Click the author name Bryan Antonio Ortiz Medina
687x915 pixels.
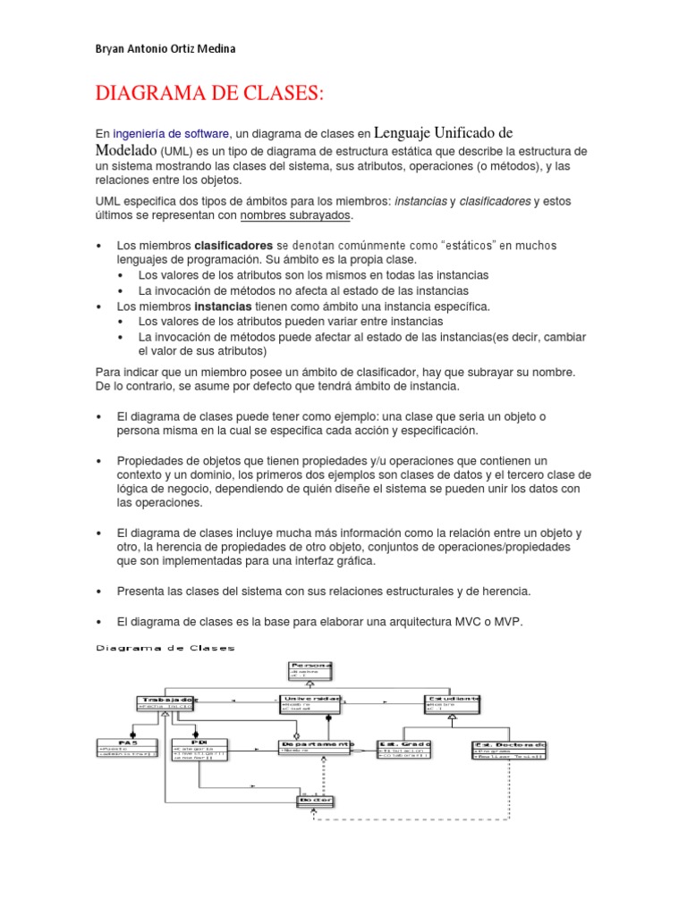click(165, 48)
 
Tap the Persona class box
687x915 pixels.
click(310, 673)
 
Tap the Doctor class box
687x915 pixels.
click(315, 800)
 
